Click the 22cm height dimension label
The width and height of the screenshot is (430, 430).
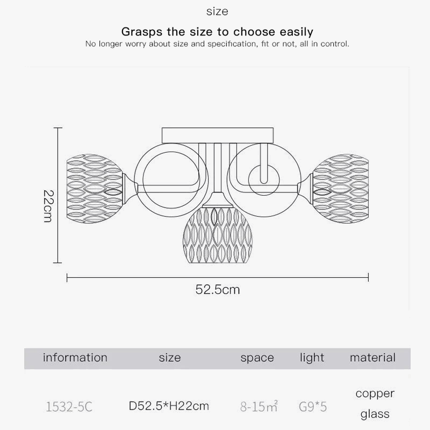click(x=49, y=206)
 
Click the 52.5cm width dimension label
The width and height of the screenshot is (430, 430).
click(x=218, y=290)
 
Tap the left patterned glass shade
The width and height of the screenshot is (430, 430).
click(x=95, y=189)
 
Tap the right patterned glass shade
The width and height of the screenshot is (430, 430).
click(x=340, y=189)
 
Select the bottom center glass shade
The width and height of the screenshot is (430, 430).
click(x=218, y=235)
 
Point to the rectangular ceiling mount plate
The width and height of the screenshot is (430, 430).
click(x=218, y=135)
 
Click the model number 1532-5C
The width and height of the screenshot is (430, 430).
click(x=69, y=407)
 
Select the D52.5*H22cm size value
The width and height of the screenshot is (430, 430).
click(x=169, y=406)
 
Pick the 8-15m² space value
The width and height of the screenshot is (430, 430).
click(x=259, y=406)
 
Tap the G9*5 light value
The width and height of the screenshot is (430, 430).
click(x=313, y=407)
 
